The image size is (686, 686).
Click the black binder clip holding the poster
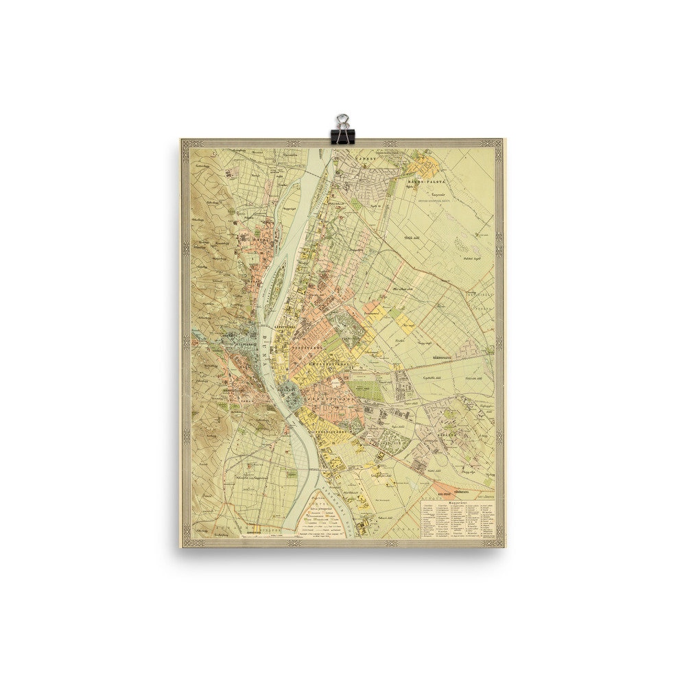341,129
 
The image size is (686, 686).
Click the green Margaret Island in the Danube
277,271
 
